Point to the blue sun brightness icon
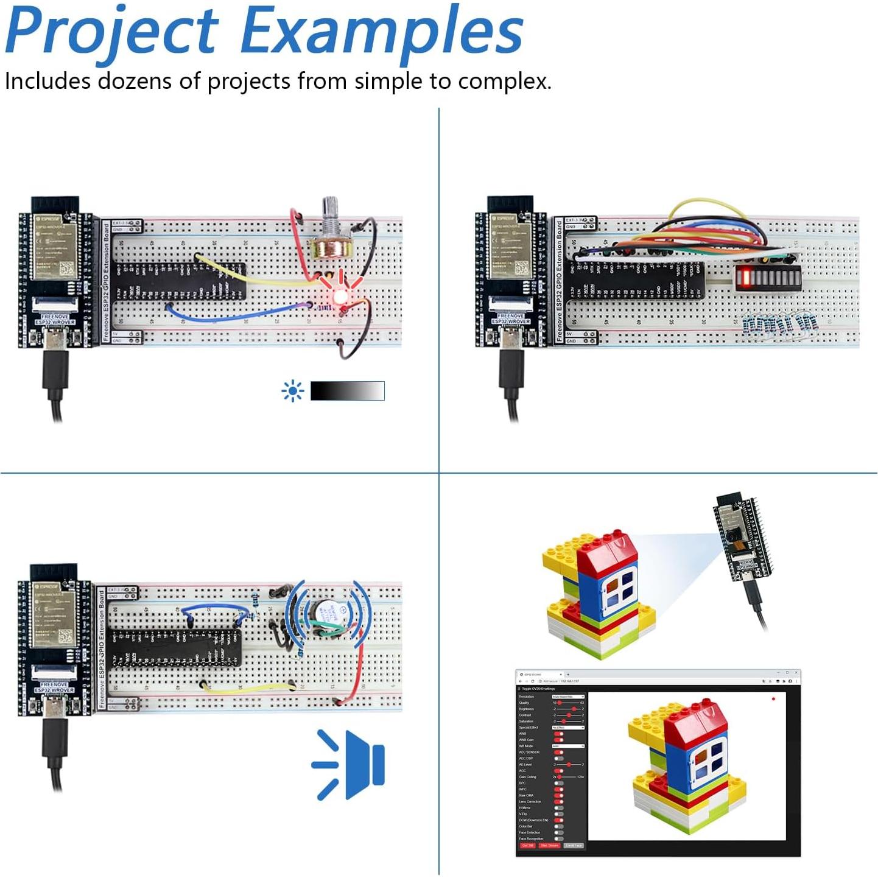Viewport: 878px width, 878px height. (x=293, y=391)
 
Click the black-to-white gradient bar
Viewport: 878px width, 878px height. (x=347, y=391)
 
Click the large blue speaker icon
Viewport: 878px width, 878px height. (x=349, y=764)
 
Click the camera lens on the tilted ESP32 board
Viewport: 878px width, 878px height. (x=729, y=536)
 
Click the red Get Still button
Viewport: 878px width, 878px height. (x=527, y=846)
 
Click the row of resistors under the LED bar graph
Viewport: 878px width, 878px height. (x=780, y=323)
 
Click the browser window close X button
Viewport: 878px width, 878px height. (x=796, y=673)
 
